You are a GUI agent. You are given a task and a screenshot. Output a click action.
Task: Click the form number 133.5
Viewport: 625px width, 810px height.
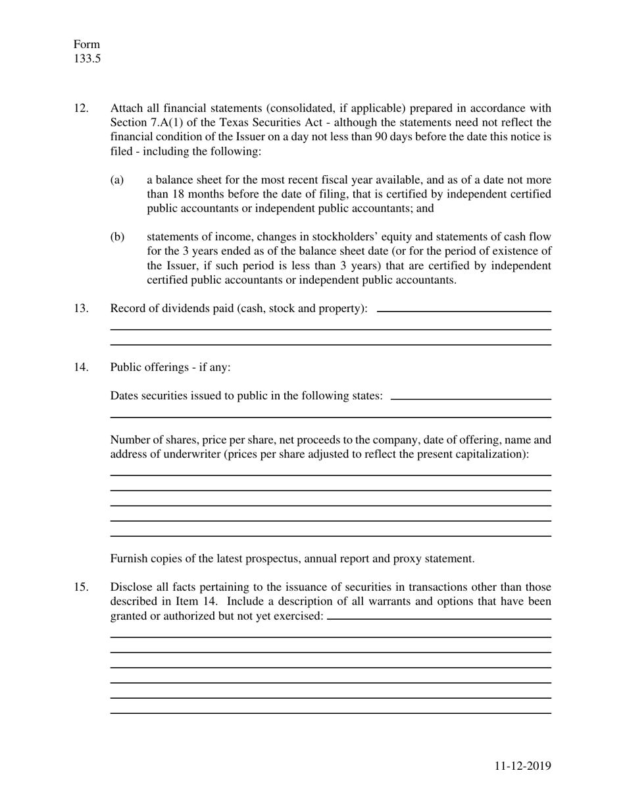point(87,59)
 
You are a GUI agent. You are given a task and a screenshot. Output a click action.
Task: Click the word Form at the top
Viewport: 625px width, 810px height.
point(86,44)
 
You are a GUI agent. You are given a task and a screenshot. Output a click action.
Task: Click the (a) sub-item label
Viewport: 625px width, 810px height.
point(117,180)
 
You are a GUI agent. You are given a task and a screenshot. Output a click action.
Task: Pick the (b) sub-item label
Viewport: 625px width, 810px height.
point(117,237)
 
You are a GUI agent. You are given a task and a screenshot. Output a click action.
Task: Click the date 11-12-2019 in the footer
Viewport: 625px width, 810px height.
point(523,765)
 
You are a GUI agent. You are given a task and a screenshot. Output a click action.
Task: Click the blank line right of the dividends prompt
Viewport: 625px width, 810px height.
point(464,311)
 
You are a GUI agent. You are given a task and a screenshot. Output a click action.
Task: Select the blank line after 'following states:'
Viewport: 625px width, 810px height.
point(470,398)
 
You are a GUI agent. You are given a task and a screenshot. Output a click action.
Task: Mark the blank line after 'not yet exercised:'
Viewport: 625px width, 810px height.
point(439,618)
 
